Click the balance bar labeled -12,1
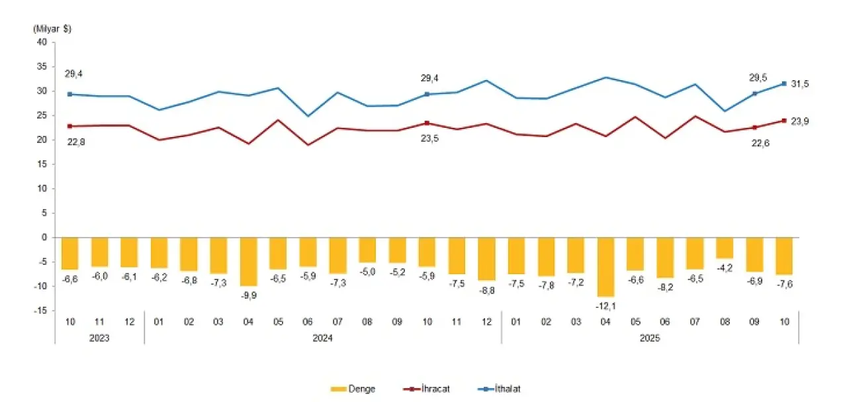coord(606,266)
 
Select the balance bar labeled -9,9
coord(249,261)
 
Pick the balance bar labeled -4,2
coord(725,248)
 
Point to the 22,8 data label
coord(74,140)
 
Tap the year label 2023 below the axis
coord(100,338)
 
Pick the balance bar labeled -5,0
coord(368,250)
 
